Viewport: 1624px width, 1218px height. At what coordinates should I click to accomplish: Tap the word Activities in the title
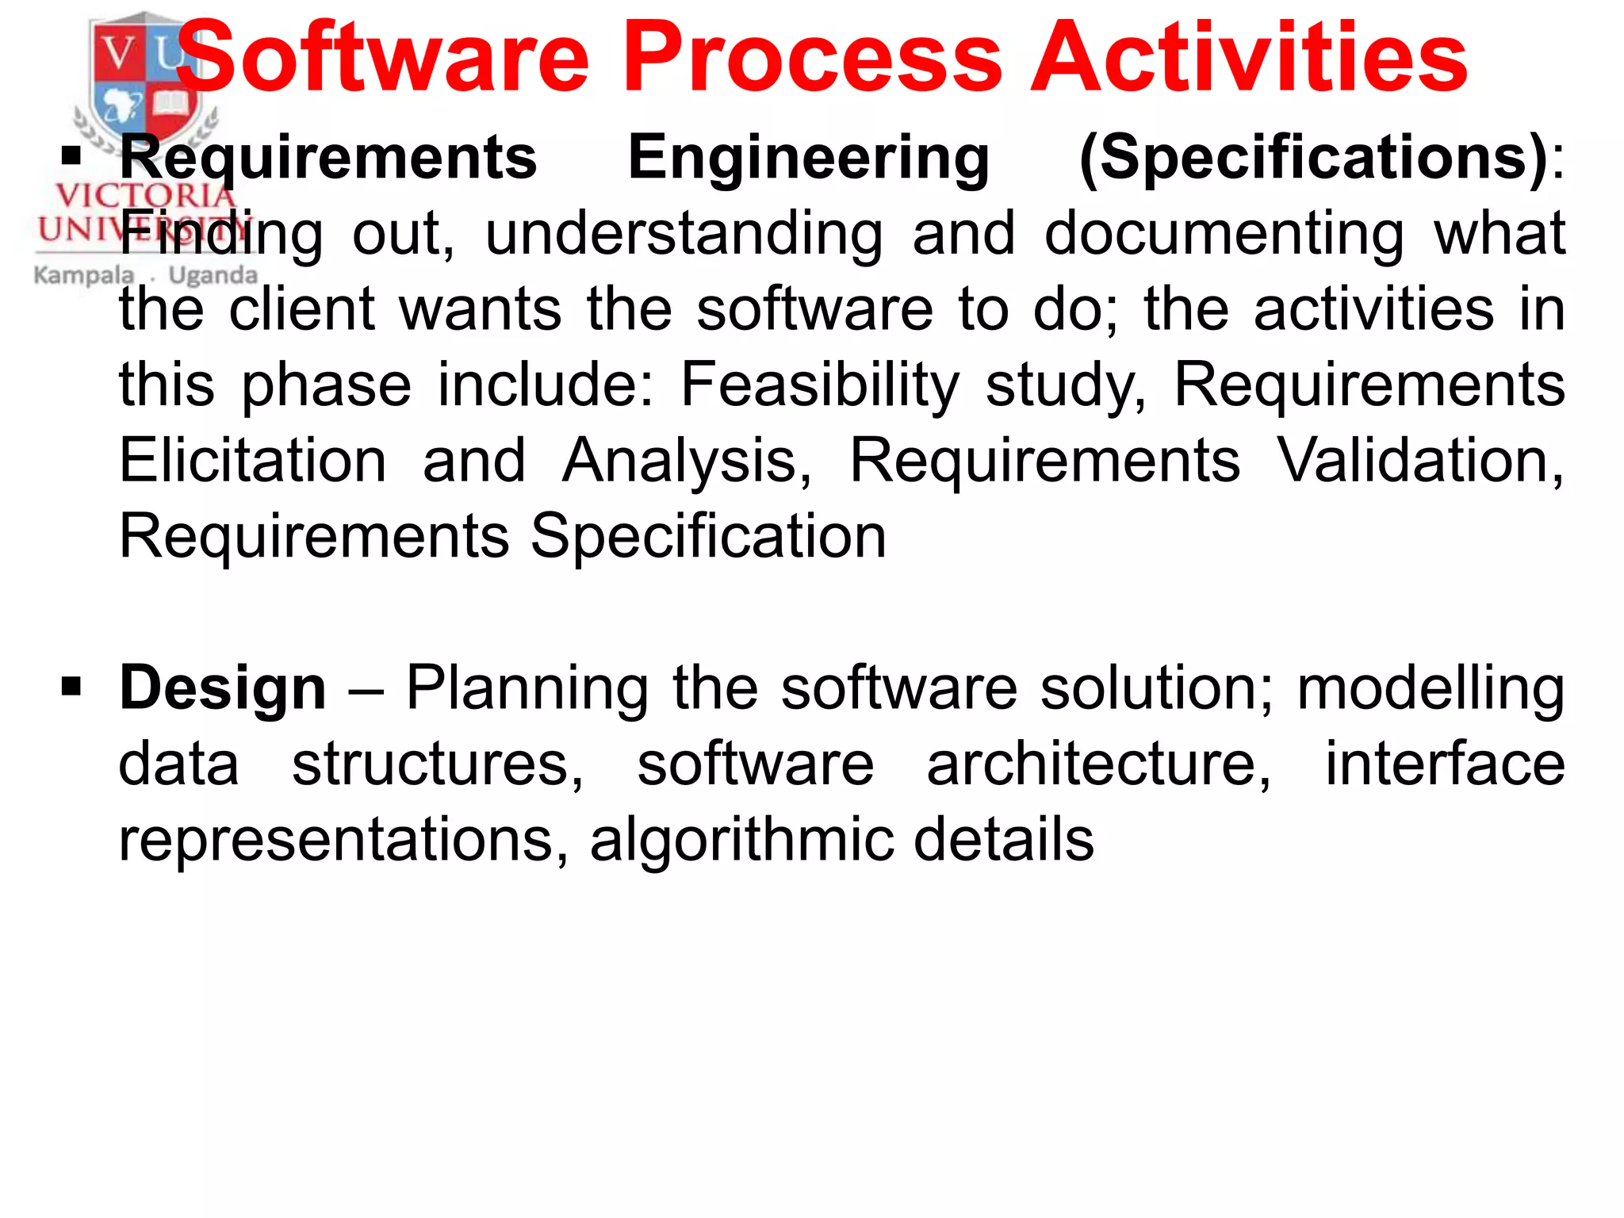(1249, 57)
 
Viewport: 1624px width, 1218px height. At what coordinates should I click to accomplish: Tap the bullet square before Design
(71, 686)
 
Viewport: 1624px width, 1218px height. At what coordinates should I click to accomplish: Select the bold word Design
(223, 688)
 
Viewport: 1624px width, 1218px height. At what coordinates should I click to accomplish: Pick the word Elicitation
(253, 460)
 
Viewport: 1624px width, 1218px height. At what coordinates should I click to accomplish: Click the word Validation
(1419, 460)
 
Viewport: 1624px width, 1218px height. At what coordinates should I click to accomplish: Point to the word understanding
(684, 235)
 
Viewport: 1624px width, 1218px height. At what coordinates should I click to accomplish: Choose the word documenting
(1224, 235)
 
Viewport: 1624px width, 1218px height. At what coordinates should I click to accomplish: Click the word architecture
(1098, 764)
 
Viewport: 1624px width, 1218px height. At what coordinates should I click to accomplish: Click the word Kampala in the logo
(83, 275)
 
